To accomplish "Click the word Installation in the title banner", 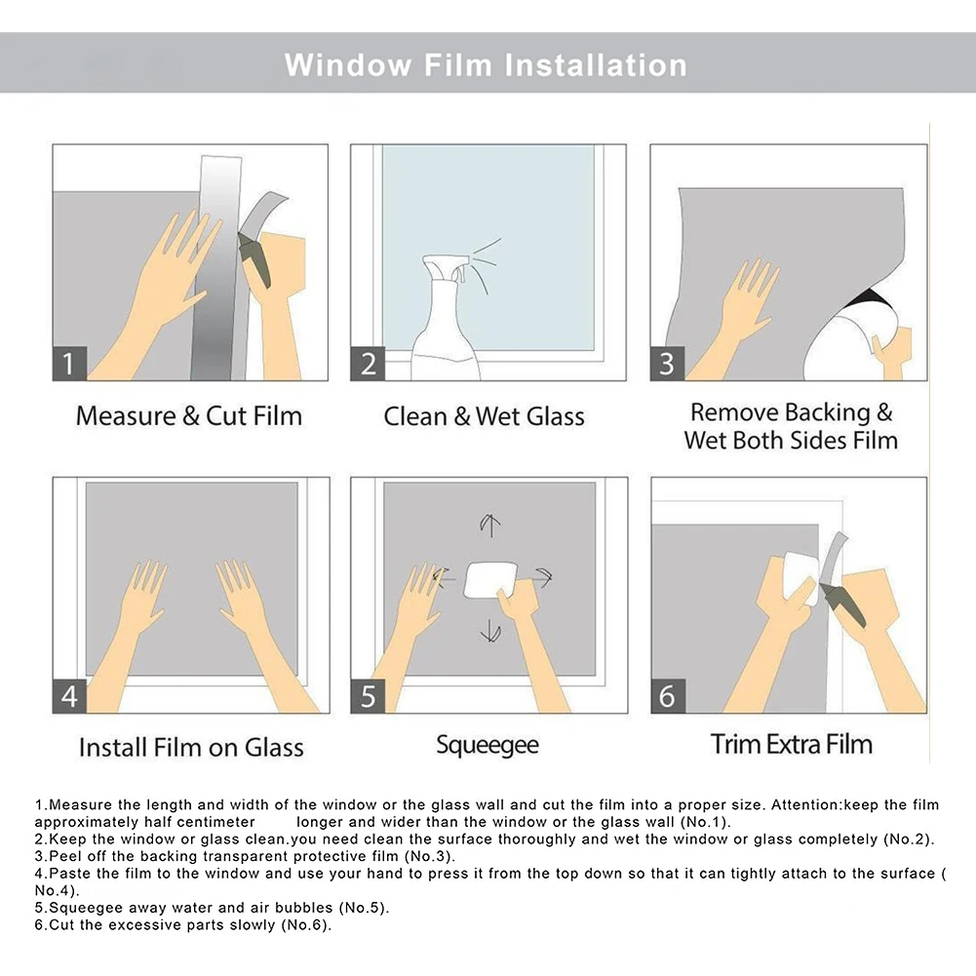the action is pyautogui.click(x=596, y=65).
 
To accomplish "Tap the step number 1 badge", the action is pyautogui.click(x=69, y=363).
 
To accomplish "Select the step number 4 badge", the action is pyautogui.click(x=69, y=696).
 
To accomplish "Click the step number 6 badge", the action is pyautogui.click(x=668, y=696).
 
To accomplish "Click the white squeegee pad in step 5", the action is pyautogui.click(x=490, y=579).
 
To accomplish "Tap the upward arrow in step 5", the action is pyautogui.click(x=490, y=525).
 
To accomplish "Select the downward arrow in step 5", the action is pyautogui.click(x=490, y=631).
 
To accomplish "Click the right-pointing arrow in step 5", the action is pyautogui.click(x=540, y=577).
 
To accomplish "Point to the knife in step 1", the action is pyautogui.click(x=254, y=259).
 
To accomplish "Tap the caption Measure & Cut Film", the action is pyautogui.click(x=189, y=415).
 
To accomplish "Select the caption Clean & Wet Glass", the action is pyautogui.click(x=485, y=416).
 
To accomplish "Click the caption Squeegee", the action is pyautogui.click(x=488, y=745).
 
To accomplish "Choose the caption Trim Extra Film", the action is pyautogui.click(x=791, y=744).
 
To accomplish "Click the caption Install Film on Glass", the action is pyautogui.click(x=191, y=747).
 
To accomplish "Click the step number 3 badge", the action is pyautogui.click(x=667, y=364).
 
